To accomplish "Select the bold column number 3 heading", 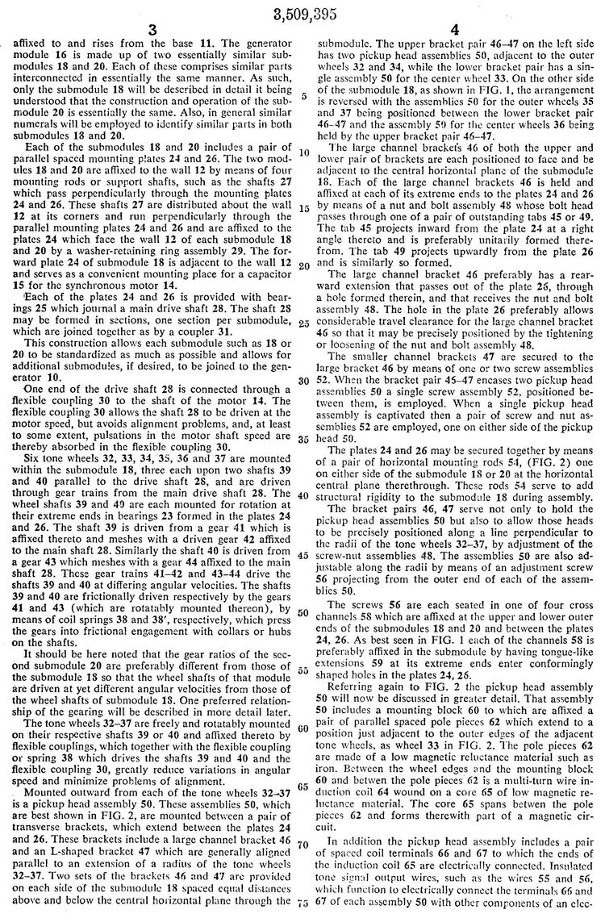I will pyautogui.click(x=151, y=31).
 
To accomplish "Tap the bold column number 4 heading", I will pyautogui.click(x=455, y=31).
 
